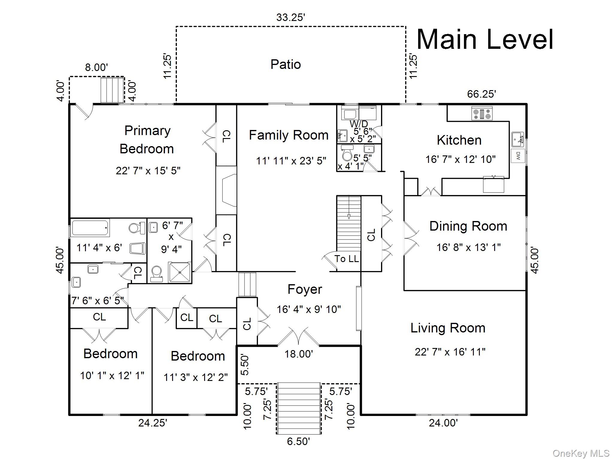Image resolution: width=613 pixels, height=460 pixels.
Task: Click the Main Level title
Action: click(485, 40)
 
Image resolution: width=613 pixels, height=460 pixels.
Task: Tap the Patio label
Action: click(286, 64)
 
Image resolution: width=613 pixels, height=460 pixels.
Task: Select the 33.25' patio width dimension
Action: click(290, 17)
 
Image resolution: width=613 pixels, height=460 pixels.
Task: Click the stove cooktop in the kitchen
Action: click(482, 114)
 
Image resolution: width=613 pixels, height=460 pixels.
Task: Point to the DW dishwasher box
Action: click(518, 156)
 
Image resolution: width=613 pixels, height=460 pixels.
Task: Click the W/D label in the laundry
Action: click(359, 124)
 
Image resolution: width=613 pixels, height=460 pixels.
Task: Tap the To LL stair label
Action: click(346, 259)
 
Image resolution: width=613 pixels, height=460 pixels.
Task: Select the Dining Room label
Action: click(468, 226)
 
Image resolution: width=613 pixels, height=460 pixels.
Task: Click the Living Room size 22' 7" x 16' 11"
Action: click(450, 352)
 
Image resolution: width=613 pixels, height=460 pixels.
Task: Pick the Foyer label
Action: click(305, 289)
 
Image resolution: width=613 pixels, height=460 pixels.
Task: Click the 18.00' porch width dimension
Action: click(298, 354)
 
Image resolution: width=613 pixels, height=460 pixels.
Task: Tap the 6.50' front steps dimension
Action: click(298, 441)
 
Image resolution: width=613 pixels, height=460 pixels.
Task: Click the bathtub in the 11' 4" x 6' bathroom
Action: click(90, 228)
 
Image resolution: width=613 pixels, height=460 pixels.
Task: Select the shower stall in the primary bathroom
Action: click(180, 272)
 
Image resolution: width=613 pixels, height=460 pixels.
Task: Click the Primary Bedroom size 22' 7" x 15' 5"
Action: click(148, 171)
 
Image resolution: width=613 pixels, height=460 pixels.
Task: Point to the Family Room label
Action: click(289, 135)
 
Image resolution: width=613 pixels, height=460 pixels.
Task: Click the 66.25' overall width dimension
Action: click(482, 94)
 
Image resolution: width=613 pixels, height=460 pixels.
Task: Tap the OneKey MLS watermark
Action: click(581, 453)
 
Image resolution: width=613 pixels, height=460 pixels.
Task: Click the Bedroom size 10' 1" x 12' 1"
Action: click(112, 376)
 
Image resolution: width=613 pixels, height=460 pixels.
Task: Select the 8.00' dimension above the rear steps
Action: click(96, 67)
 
